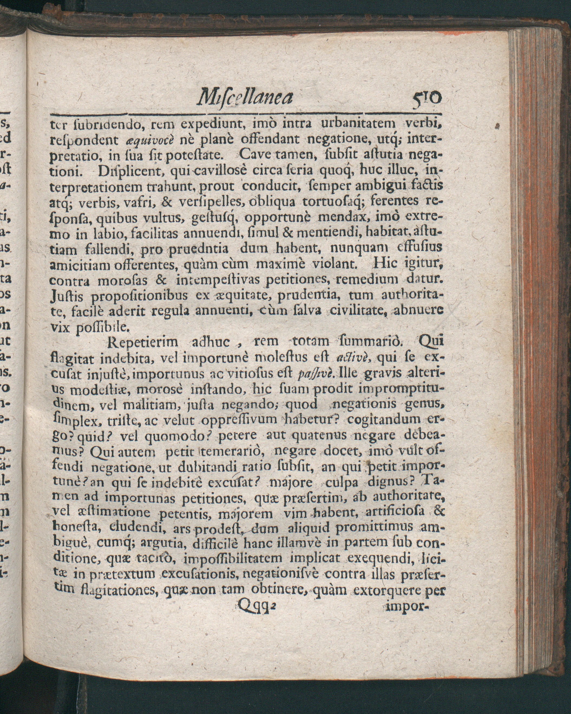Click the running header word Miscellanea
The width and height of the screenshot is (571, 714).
245,98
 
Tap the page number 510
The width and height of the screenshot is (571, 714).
426,98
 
